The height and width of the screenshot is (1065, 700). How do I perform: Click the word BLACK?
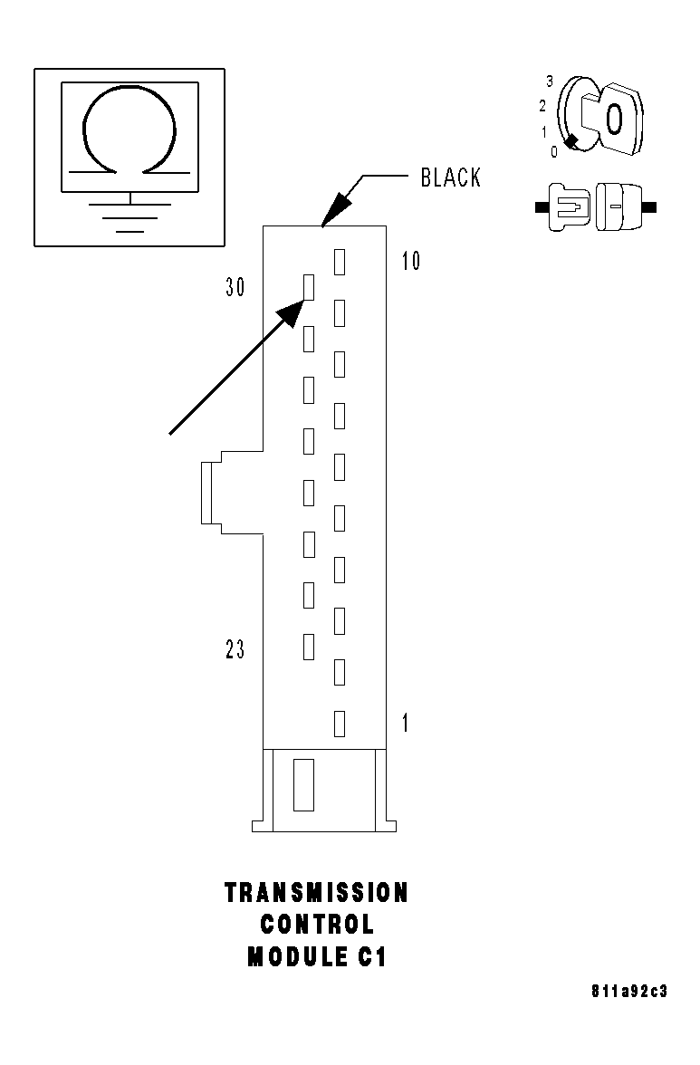[450, 177]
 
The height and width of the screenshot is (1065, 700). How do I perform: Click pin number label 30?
[235, 288]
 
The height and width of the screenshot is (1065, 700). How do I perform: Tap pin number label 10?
[411, 262]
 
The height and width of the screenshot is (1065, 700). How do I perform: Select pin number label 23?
[235, 650]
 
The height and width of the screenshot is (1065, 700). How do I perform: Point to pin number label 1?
[405, 724]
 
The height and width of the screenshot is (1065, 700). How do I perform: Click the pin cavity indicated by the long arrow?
[308, 287]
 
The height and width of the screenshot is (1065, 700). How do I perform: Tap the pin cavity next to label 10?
[340, 262]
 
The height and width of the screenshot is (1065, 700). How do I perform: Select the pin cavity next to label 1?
[340, 724]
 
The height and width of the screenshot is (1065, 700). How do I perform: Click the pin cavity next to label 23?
[308, 647]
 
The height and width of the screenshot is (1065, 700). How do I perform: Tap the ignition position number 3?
[550, 82]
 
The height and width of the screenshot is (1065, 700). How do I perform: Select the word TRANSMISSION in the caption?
[317, 893]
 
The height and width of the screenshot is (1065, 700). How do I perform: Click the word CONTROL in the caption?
[317, 925]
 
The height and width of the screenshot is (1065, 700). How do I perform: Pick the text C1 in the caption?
[372, 957]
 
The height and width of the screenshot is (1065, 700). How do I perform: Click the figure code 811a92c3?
[628, 992]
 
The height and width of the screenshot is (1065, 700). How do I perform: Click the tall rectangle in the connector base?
[303, 785]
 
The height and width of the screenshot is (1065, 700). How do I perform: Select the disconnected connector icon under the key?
[596, 206]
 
